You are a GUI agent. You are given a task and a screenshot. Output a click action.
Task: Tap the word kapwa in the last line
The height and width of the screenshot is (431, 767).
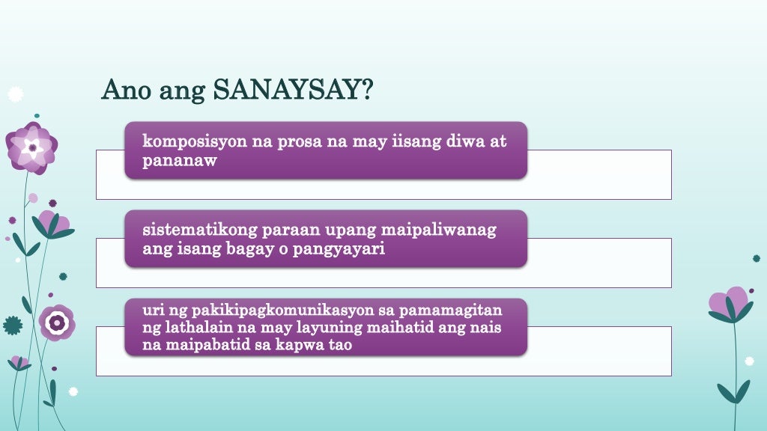click(303, 346)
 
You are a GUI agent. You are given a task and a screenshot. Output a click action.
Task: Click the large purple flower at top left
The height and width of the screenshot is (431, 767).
click(31, 147)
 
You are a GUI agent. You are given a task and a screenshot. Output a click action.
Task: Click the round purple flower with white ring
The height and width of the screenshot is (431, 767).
click(57, 323)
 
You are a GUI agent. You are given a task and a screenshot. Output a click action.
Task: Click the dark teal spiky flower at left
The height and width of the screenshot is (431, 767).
click(13, 325)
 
